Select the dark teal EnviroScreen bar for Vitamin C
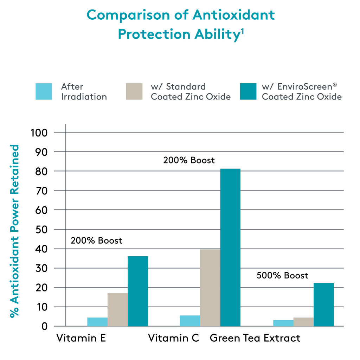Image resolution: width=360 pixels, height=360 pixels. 230,247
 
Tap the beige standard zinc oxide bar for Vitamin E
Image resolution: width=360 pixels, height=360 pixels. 117,309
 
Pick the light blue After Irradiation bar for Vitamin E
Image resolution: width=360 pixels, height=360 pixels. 97,322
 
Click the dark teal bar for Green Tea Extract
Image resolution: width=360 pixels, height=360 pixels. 323,304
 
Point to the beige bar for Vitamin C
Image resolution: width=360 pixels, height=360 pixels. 210,288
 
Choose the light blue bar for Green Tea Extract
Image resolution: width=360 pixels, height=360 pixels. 283,323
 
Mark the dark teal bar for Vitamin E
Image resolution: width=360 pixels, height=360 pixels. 137,291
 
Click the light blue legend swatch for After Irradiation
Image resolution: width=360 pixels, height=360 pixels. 44,91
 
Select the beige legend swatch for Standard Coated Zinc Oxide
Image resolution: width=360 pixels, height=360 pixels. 134,91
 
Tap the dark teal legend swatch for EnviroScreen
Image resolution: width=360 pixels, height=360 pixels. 248,91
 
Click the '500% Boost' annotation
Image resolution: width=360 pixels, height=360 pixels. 282,275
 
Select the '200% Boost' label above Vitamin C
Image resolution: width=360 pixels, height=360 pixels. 189,160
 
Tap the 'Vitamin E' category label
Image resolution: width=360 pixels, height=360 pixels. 81,338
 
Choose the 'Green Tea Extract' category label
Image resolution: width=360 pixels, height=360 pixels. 255,338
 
